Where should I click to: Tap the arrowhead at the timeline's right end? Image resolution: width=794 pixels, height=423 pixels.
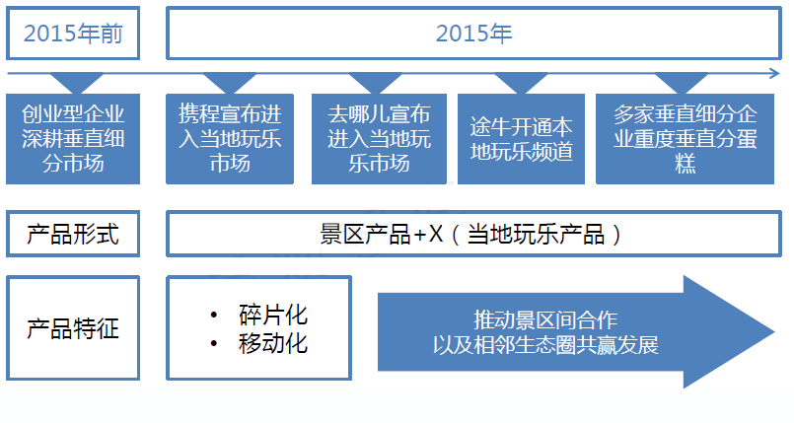[774, 73]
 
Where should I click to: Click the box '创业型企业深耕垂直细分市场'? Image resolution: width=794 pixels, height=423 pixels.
[73, 139]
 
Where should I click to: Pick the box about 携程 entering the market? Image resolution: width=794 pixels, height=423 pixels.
[230, 139]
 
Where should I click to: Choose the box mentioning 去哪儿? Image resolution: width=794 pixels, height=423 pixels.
[379, 139]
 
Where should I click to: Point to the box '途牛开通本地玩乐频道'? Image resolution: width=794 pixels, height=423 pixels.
[521, 139]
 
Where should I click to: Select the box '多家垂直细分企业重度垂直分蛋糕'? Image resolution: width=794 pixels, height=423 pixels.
[685, 139]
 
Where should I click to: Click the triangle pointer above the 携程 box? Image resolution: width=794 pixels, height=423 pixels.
[230, 82]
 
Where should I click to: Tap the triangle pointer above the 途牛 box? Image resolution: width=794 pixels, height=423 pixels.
[521, 82]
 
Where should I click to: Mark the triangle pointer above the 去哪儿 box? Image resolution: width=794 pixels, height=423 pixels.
[375, 82]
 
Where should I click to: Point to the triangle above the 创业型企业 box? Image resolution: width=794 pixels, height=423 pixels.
[77, 82]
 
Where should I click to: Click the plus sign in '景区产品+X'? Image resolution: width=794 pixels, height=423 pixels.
[420, 235]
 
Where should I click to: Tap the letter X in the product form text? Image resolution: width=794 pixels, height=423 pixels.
[436, 235]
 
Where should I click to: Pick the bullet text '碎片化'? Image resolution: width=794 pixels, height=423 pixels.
[273, 315]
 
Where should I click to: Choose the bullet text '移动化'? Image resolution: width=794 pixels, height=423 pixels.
[273, 343]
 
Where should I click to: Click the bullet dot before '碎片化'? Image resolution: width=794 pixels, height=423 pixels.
[214, 316]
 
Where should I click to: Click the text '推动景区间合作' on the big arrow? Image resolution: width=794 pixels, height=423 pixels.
[545, 319]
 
